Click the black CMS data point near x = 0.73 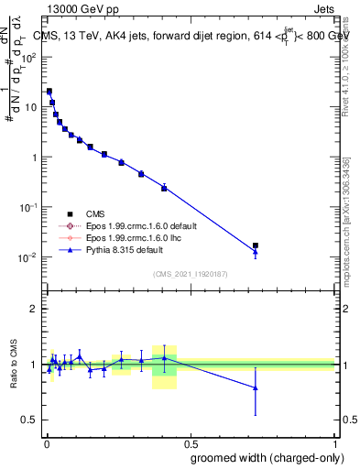(x=256, y=245)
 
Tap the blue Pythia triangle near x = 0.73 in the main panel (x=256, y=252)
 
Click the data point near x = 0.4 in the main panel (x=164, y=188)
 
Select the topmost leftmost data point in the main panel (x=49, y=92)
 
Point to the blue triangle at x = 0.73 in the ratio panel (x=256, y=388)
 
